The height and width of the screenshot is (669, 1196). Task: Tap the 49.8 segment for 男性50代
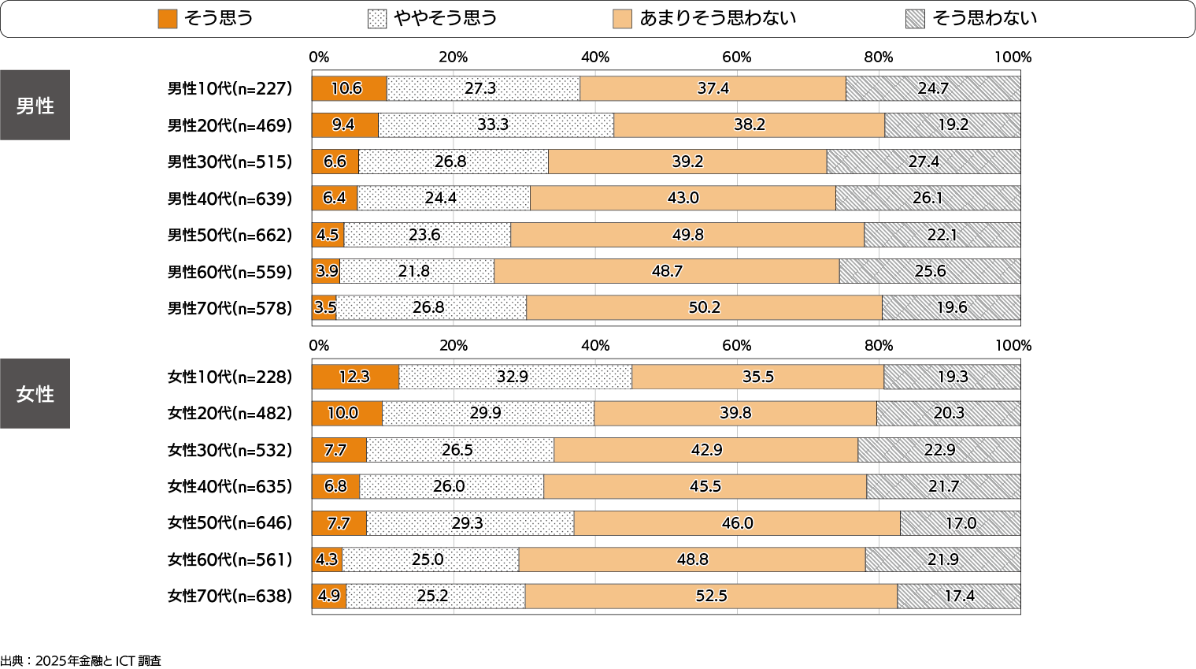[687, 235]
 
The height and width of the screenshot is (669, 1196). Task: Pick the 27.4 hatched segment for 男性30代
[924, 162]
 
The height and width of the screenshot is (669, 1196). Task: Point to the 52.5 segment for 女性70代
[711, 596]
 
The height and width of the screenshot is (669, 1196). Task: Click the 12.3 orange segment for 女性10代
[355, 377]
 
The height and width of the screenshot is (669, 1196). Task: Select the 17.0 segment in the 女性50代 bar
[961, 523]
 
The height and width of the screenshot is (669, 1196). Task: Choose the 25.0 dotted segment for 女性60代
[430, 559]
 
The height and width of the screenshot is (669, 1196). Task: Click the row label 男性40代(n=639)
[229, 199]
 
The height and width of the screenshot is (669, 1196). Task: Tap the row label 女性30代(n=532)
[229, 450]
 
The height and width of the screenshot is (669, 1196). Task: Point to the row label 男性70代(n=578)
[229, 308]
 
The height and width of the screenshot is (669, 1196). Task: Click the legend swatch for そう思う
[168, 19]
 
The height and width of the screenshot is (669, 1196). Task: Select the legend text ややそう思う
[446, 18]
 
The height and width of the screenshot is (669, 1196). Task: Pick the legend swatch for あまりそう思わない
[622, 19]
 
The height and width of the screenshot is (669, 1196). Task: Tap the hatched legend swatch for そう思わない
[915, 19]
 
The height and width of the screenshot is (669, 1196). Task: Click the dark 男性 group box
[35, 105]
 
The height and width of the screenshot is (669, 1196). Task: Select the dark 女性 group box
[35, 393]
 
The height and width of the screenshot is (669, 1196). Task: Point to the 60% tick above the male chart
[737, 57]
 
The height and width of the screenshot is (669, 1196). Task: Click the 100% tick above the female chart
[1013, 345]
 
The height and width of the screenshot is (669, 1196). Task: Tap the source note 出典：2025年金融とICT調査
[81, 660]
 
